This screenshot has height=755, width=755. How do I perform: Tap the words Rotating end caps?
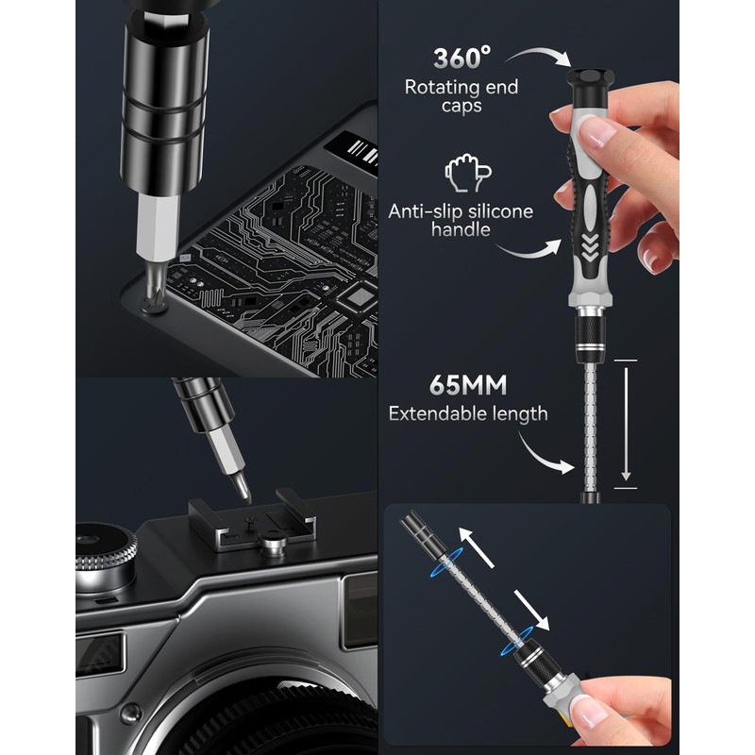point(461,96)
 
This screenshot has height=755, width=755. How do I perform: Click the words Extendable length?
point(468,413)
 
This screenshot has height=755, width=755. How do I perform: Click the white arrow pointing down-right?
point(528,609)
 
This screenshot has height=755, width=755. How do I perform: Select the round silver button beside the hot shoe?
point(273,544)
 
